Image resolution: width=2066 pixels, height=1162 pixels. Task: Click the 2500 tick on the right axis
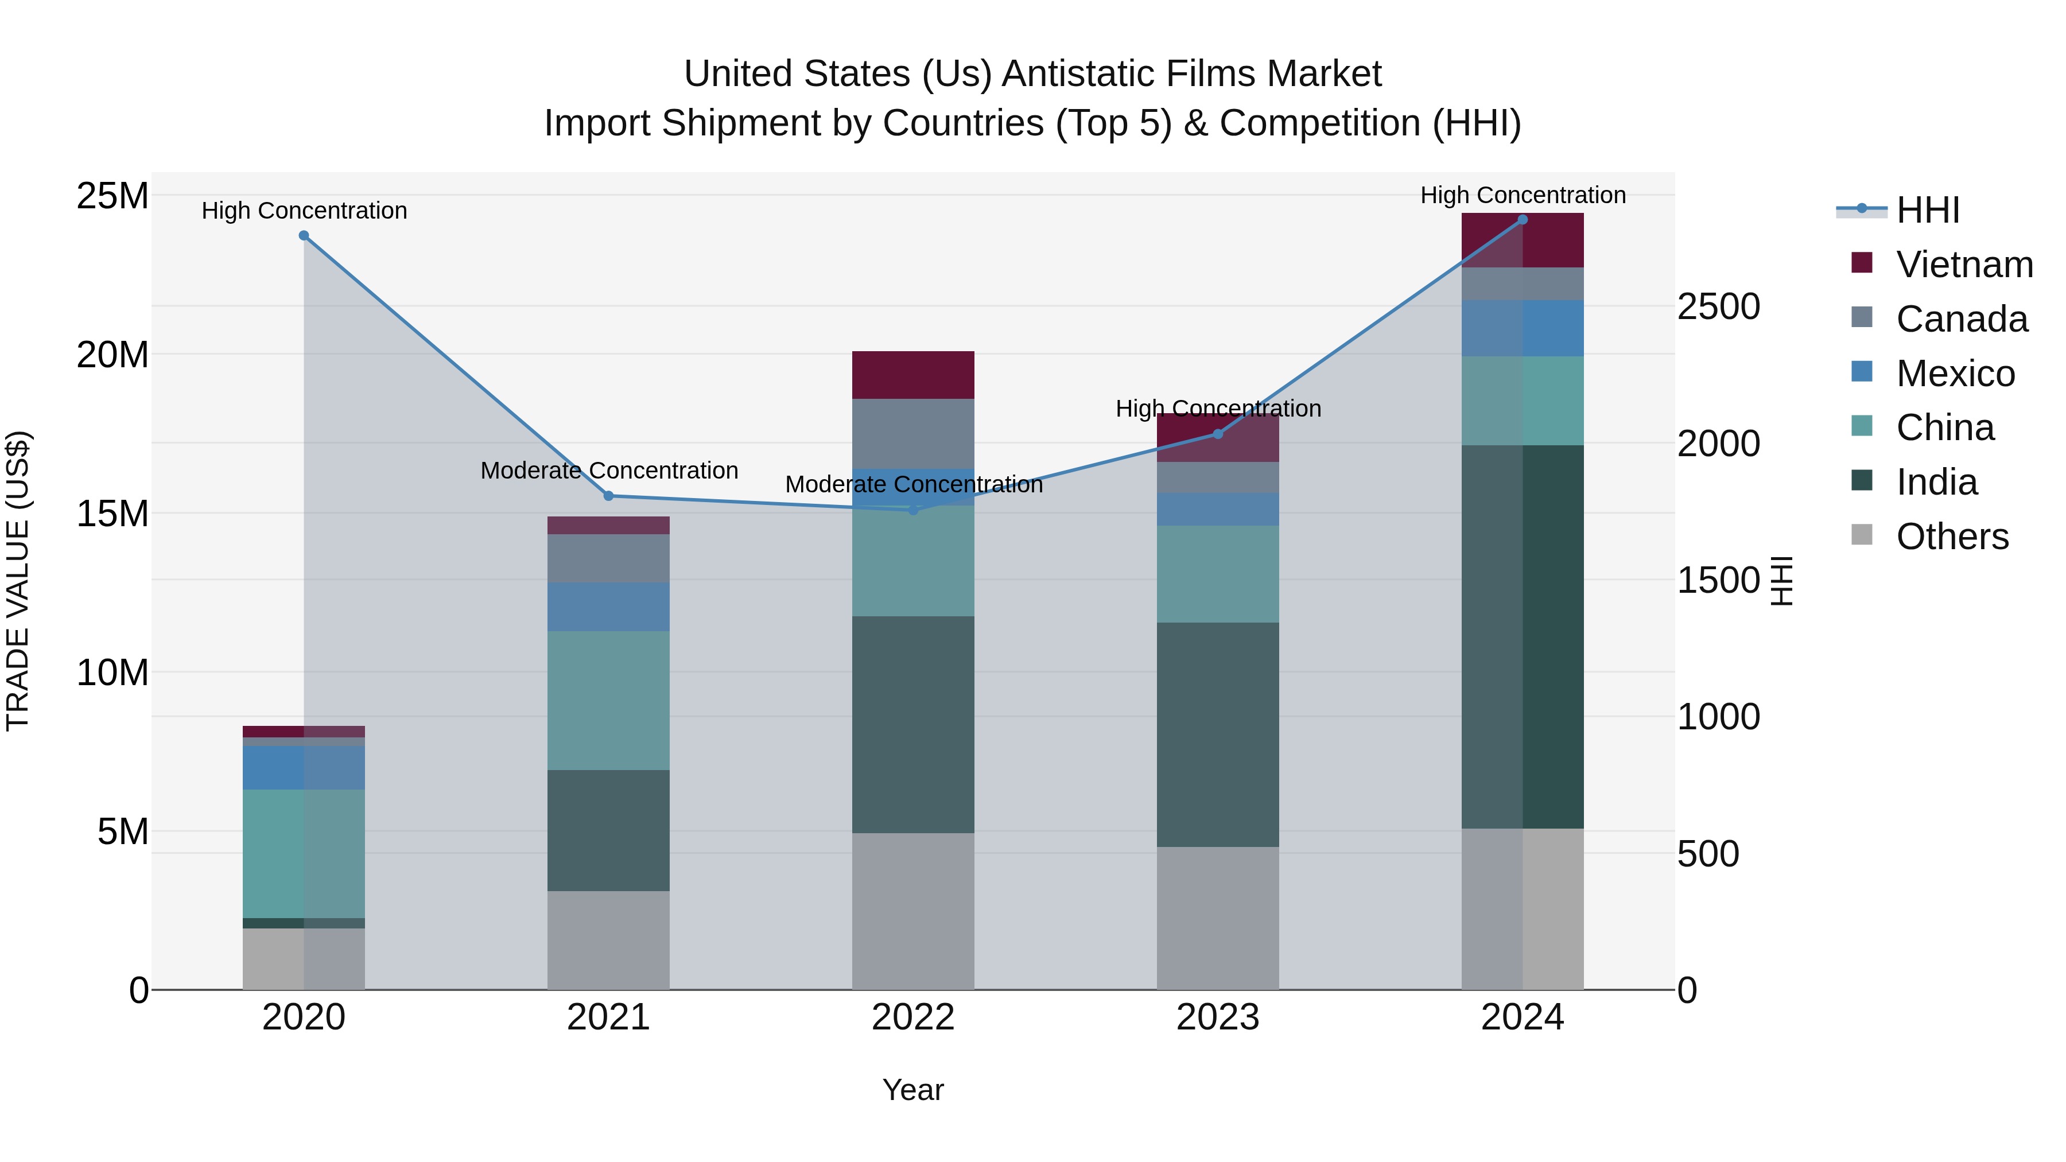coord(1718,306)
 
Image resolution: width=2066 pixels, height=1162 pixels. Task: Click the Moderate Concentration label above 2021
coord(609,471)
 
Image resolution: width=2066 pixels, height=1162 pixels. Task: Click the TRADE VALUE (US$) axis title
coord(18,581)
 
